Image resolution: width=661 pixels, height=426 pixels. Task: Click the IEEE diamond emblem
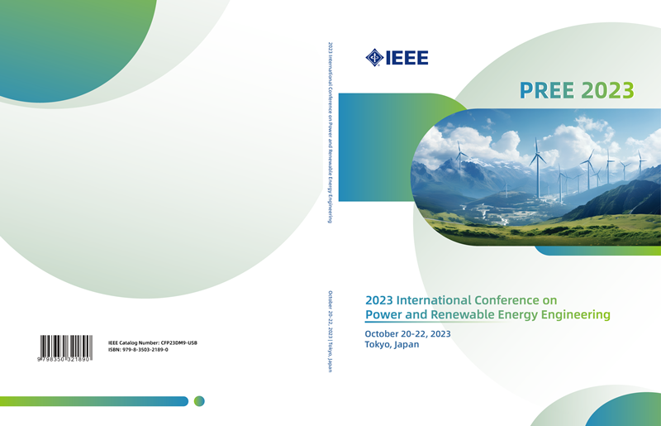374,58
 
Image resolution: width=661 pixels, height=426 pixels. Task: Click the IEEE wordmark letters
407,58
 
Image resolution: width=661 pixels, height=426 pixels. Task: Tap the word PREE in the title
547,90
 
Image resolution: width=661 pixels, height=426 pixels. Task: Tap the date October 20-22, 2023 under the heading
407,334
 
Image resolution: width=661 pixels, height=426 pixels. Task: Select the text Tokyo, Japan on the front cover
392,344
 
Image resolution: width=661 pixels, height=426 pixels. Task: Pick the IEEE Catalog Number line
153,342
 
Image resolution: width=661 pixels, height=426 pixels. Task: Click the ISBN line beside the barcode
138,350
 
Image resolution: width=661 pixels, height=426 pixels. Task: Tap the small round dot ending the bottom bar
199,401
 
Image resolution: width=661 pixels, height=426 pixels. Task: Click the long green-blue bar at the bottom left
94,401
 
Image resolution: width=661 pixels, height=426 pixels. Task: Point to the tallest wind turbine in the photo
538,168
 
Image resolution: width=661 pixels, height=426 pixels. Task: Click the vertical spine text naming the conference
330,132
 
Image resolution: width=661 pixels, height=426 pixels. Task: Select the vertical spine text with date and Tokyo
330,332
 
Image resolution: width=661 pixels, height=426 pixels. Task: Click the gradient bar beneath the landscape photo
597,251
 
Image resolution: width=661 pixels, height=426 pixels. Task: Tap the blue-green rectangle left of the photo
375,147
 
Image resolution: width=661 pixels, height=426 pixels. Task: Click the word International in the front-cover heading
435,300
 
